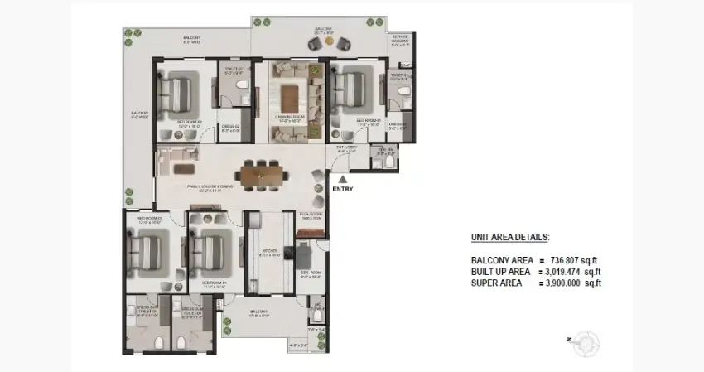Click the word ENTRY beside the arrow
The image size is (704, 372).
click(x=342, y=189)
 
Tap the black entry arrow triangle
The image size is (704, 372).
click(x=342, y=178)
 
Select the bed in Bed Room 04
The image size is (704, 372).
click(x=210, y=249)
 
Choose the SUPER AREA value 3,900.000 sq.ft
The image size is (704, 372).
click(x=572, y=283)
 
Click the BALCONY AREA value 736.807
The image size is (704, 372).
click(x=575, y=260)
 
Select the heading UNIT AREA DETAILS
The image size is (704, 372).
click(x=509, y=237)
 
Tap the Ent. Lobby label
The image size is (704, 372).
click(x=346, y=150)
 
